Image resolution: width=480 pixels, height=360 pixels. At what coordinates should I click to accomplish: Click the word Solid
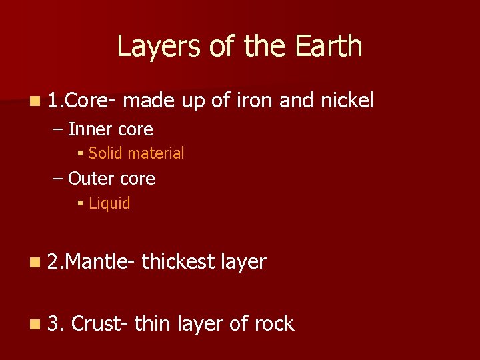pos(105,153)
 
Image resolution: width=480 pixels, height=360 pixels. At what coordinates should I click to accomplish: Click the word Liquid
pos(109,203)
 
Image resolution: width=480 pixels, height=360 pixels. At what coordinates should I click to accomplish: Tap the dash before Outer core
pos(59,179)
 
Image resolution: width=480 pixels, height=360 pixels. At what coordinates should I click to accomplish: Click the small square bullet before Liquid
pos(80,204)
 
